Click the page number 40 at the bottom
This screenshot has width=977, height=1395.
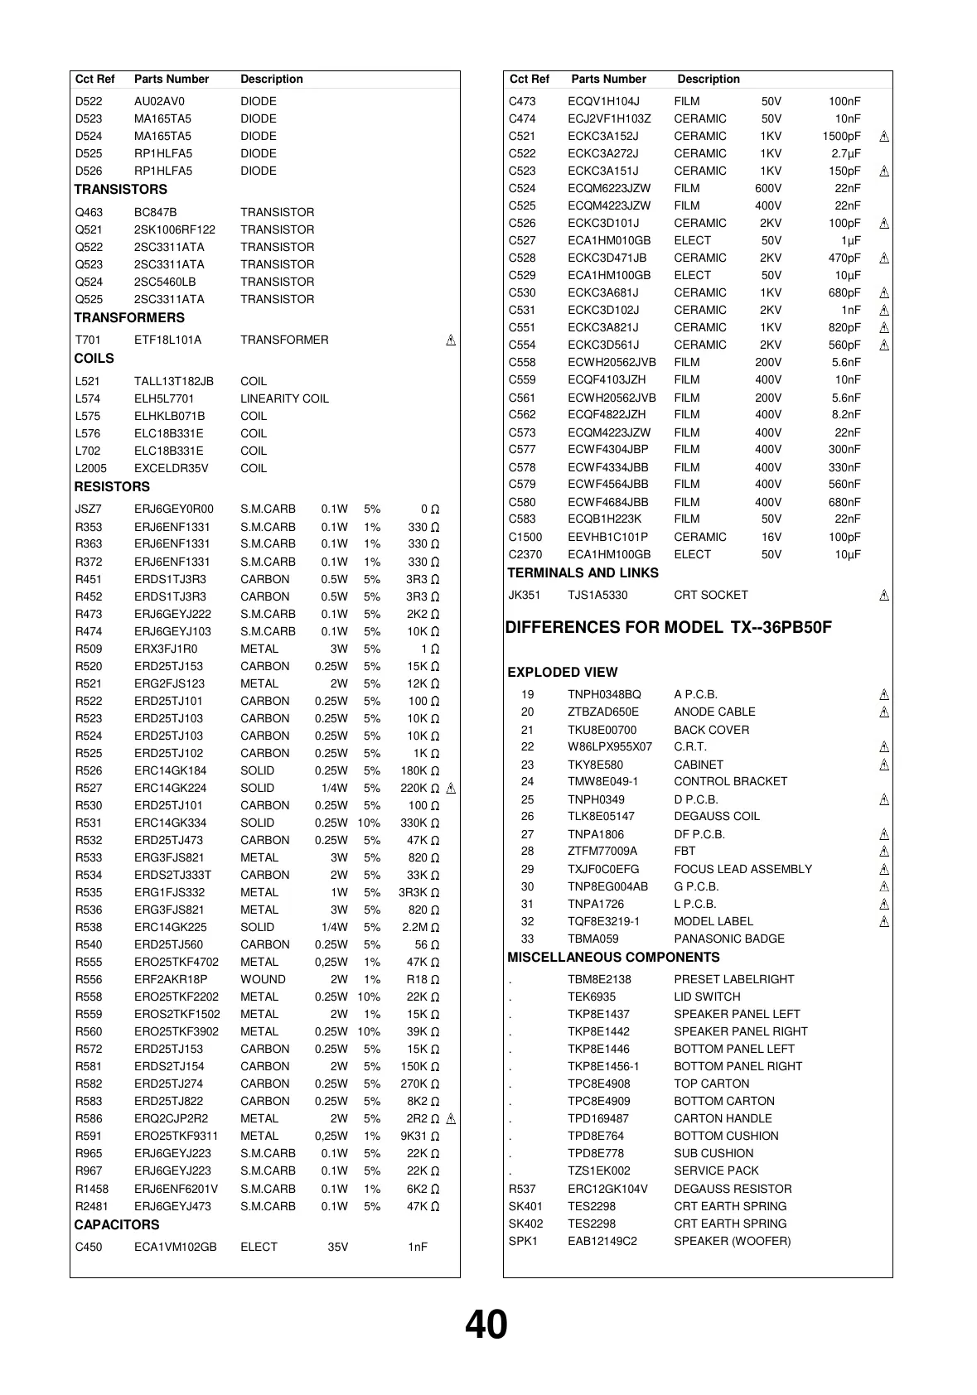[x=486, y=1325]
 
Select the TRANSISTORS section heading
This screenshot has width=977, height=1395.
[x=120, y=190]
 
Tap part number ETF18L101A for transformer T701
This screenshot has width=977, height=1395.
[x=167, y=340]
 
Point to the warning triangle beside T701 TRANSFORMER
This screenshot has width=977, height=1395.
[x=451, y=340]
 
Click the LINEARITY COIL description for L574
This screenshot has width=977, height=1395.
[x=284, y=398]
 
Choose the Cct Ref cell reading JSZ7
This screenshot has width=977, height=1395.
[x=88, y=509]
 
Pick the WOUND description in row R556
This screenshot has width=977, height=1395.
[x=263, y=979]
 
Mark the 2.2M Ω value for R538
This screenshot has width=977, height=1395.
[x=420, y=927]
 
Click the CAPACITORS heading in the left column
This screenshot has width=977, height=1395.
[x=116, y=1224]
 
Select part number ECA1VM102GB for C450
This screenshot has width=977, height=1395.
[x=175, y=1247]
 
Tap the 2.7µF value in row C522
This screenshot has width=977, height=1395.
[x=846, y=153]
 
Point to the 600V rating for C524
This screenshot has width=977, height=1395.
[x=768, y=188]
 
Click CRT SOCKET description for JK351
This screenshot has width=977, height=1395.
[x=710, y=595]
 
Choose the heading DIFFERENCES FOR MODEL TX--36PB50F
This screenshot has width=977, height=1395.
[x=668, y=627]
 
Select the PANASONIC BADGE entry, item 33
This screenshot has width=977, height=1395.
[x=728, y=939]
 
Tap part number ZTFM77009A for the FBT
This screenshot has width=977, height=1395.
[x=602, y=851]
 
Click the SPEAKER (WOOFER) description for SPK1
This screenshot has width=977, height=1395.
[x=732, y=1241]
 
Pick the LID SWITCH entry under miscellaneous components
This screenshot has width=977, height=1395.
[x=707, y=997]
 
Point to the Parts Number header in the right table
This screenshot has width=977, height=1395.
[x=608, y=80]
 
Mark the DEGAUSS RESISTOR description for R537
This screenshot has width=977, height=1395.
[x=733, y=1189]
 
